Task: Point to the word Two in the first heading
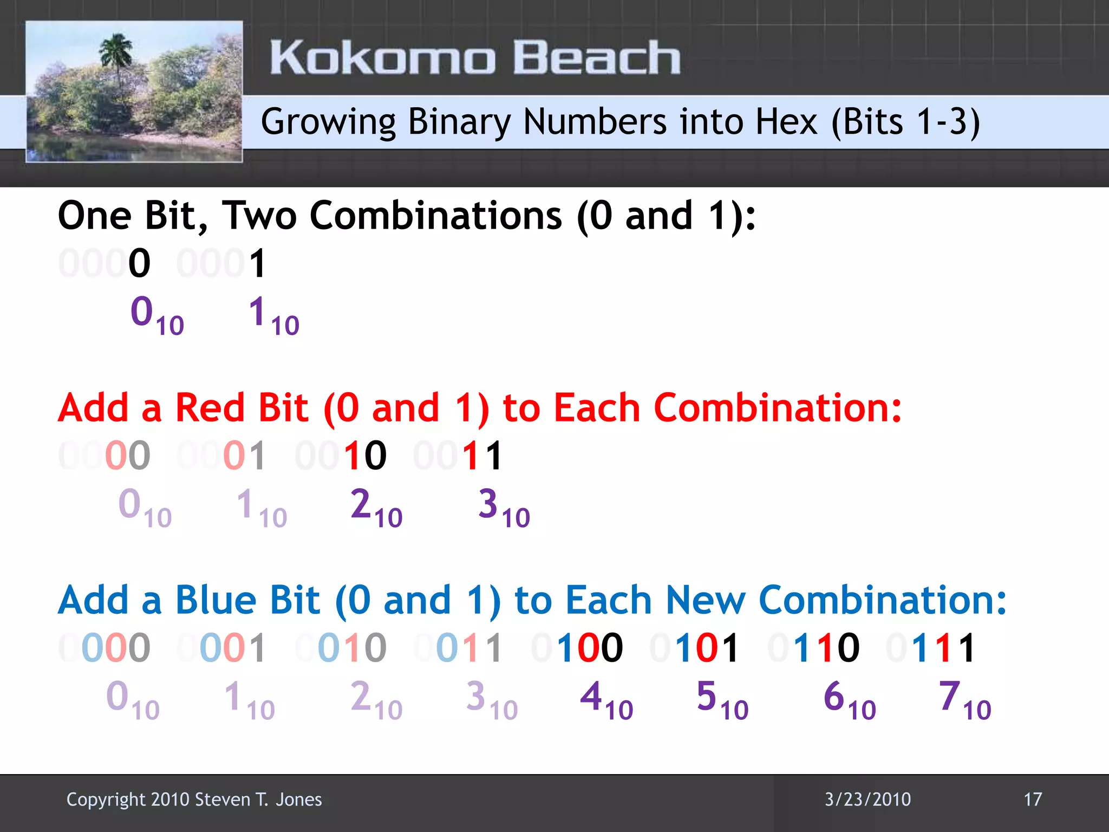pyautogui.click(x=259, y=216)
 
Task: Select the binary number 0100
pyautogui.click(x=577, y=647)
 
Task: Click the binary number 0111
pyautogui.click(x=931, y=647)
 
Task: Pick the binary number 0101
pyautogui.click(x=695, y=647)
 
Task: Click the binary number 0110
pyautogui.click(x=813, y=647)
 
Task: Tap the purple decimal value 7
pyautogui.click(x=950, y=696)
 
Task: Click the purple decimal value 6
pyautogui.click(x=834, y=696)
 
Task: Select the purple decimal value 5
pyautogui.click(x=707, y=696)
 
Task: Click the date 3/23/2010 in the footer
pyautogui.click(x=867, y=799)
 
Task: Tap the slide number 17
pyautogui.click(x=1033, y=799)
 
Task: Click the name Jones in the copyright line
pyautogui.click(x=298, y=799)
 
